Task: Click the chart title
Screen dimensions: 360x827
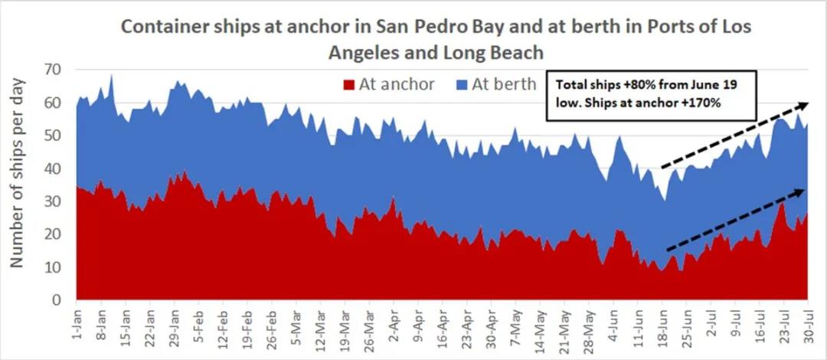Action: (436, 38)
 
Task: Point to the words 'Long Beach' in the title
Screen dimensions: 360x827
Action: (502, 52)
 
